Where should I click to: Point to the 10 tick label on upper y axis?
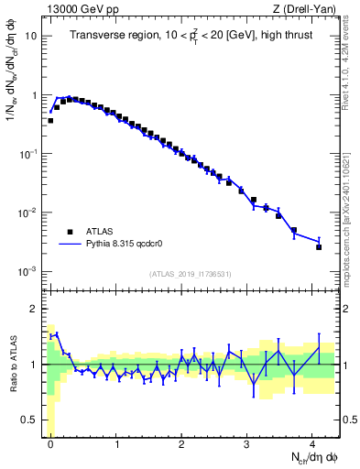point(30,37)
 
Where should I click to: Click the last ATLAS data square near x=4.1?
point(319,246)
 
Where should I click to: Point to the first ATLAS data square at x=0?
point(50,120)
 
